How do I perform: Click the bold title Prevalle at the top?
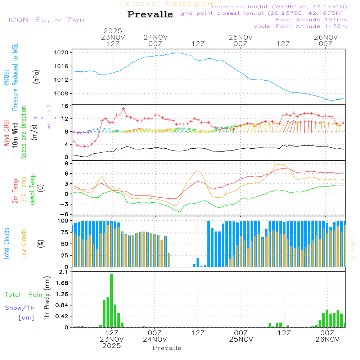click(x=150, y=14)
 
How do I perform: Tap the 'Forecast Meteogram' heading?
click(x=168, y=4)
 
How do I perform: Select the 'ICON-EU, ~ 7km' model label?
click(x=46, y=19)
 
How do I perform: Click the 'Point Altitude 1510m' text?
click(x=311, y=20)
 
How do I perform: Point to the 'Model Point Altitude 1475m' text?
click(x=300, y=26)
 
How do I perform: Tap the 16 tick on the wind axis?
click(x=65, y=106)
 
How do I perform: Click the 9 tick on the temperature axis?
click(x=67, y=163)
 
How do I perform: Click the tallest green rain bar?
click(x=112, y=301)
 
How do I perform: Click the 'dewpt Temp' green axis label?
click(x=32, y=190)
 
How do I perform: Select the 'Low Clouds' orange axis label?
click(x=24, y=243)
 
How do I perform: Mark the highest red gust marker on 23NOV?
click(x=123, y=108)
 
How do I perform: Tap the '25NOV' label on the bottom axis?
click(x=240, y=339)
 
